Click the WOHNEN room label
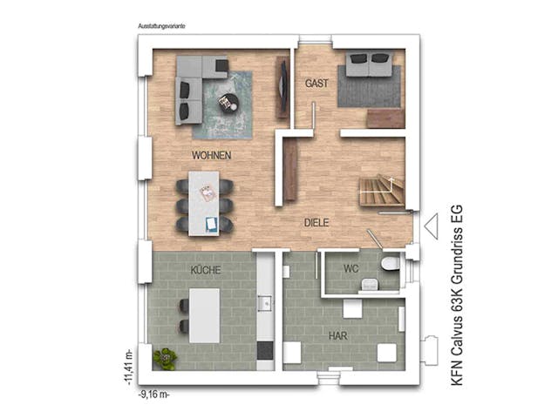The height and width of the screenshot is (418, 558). click(x=211, y=155)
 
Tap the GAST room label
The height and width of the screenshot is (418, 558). click(x=315, y=84)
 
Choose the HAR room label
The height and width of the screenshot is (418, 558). click(x=337, y=334)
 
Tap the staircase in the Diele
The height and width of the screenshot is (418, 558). click(x=382, y=190)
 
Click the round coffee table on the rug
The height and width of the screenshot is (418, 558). click(x=228, y=103)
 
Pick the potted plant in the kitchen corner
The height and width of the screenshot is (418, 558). click(x=163, y=356)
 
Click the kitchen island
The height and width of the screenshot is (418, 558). click(x=206, y=312)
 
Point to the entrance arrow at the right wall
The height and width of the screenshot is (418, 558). click(x=430, y=226)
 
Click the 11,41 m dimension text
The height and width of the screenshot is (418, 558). click(x=127, y=366)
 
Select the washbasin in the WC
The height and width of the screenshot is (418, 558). click(x=370, y=283)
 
